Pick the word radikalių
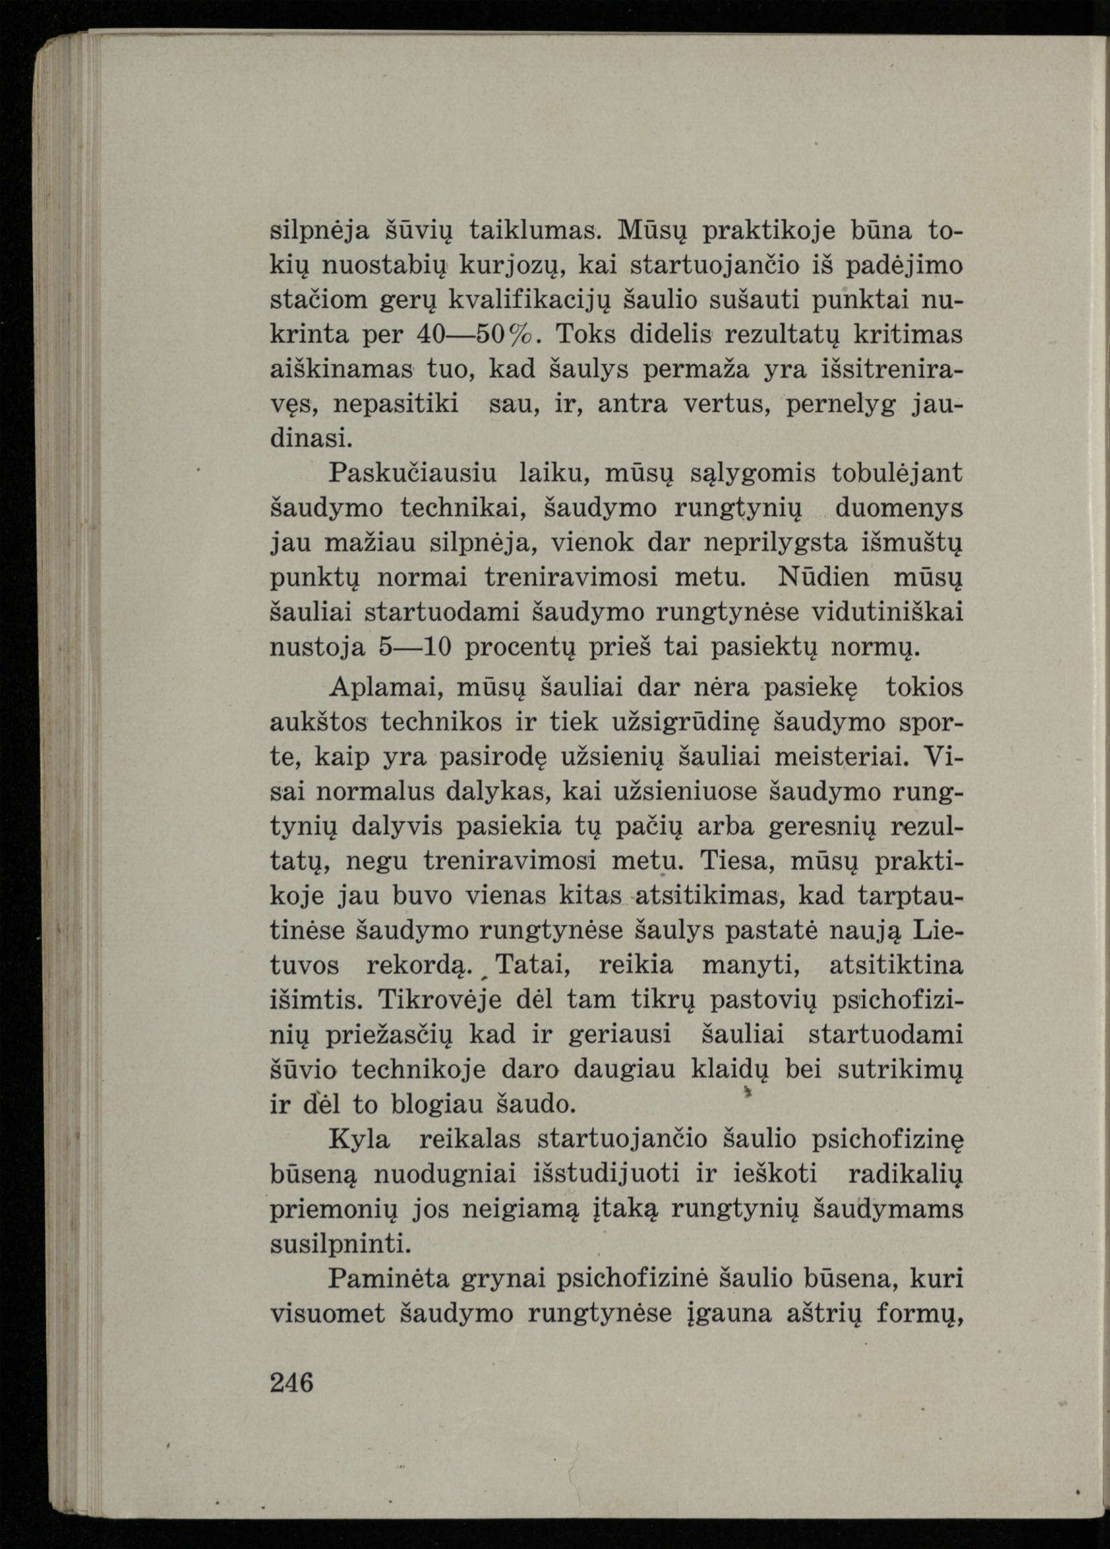point(904,1174)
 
